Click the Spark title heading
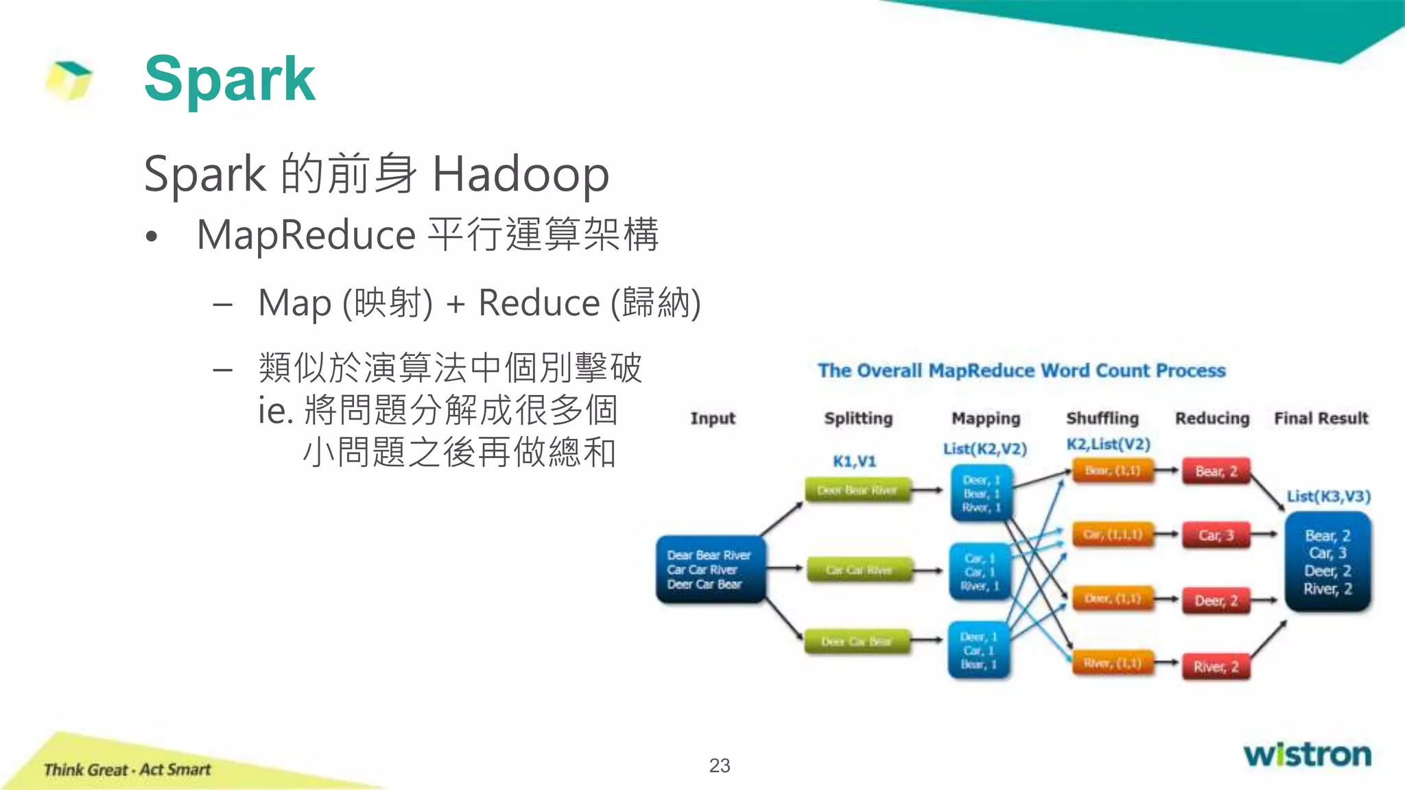point(230,80)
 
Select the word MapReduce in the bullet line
point(306,235)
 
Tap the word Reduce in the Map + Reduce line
point(539,303)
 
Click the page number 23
point(719,765)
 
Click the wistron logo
point(1308,754)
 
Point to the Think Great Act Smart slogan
point(127,769)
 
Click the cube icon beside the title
point(69,80)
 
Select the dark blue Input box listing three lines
point(710,570)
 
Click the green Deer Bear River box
point(858,490)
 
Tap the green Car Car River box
point(859,570)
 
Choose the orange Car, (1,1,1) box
point(1113,534)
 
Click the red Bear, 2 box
point(1216,471)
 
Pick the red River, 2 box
point(1216,667)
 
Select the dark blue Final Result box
point(1327,562)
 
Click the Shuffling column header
point(1102,418)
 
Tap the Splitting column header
point(858,418)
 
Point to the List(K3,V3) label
point(1328,496)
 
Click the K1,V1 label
point(854,462)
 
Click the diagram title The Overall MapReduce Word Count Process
point(1021,371)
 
